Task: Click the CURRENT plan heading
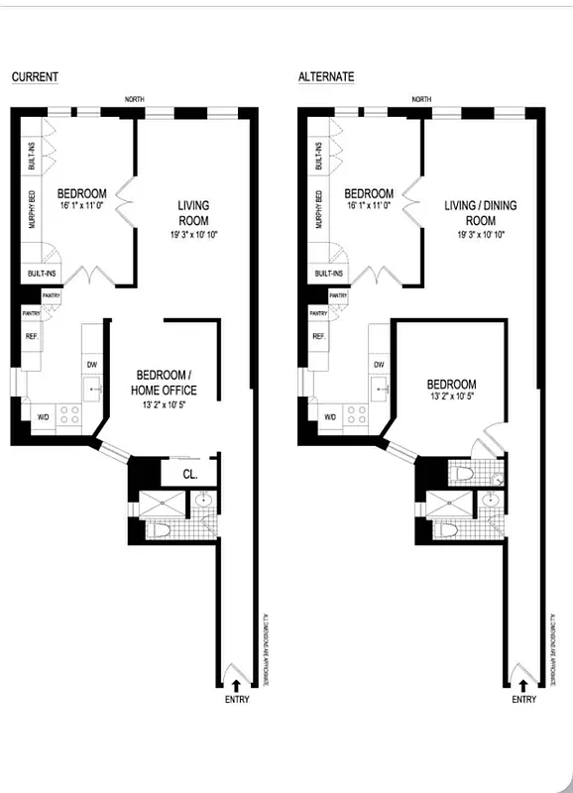click(35, 77)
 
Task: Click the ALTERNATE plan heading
click(326, 77)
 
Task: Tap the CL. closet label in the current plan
click(190, 474)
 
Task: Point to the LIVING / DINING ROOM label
click(480, 212)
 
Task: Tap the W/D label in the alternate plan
click(331, 417)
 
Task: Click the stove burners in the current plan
click(69, 415)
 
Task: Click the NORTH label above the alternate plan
click(422, 100)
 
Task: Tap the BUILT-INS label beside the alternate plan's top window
click(318, 158)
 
